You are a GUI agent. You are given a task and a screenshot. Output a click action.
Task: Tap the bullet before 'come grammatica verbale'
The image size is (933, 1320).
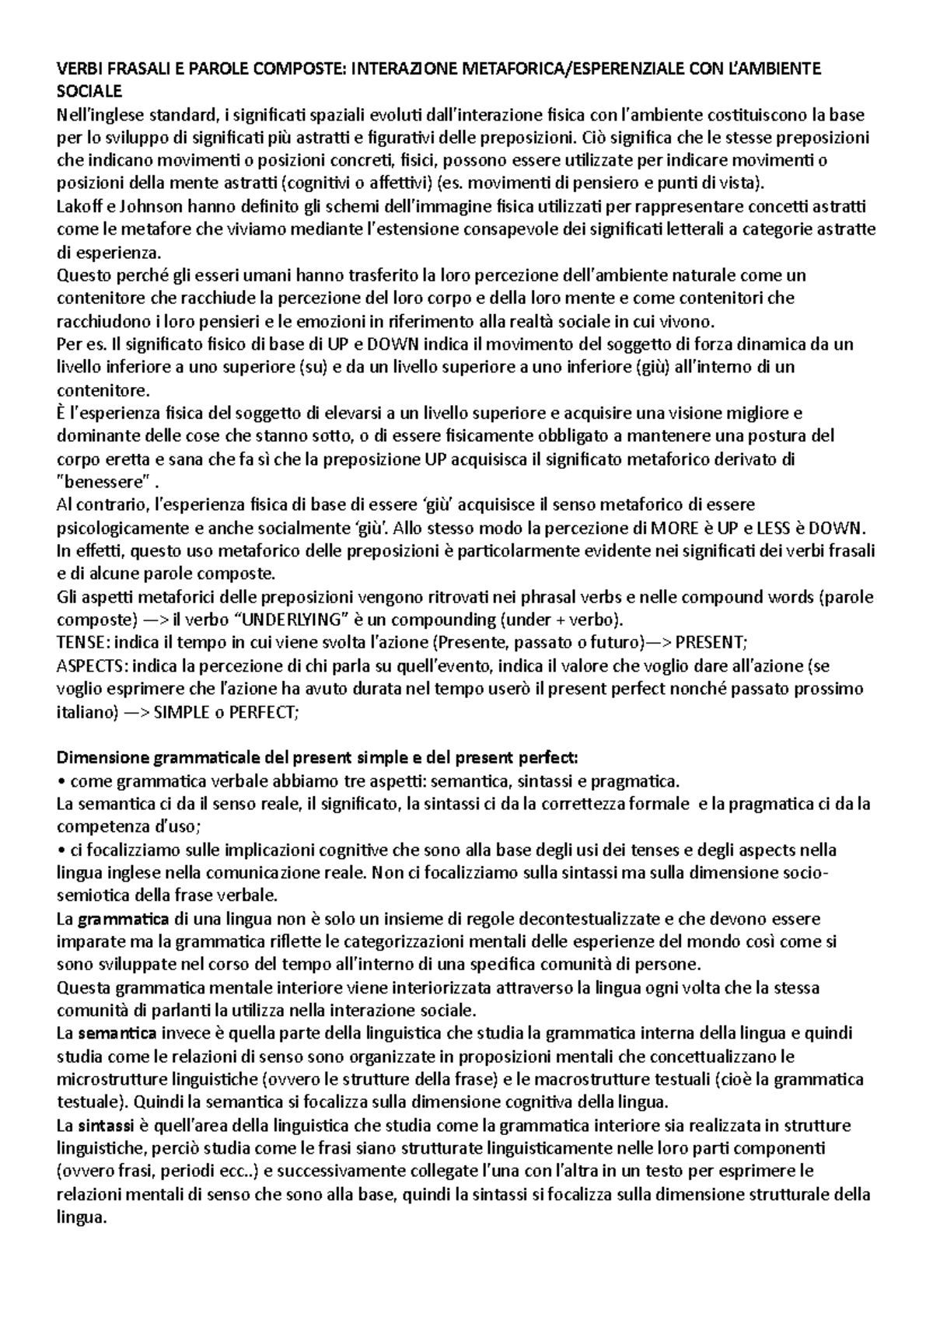(x=62, y=780)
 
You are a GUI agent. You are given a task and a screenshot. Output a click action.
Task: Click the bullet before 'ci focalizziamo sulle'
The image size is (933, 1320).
(x=62, y=850)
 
